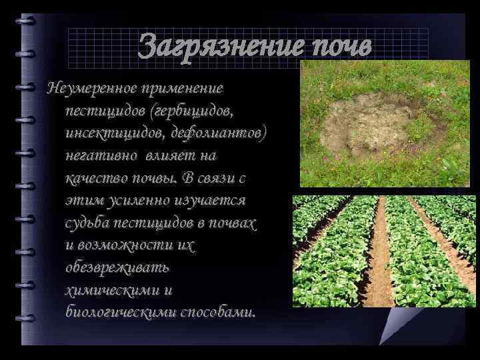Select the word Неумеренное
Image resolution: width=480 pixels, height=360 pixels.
(86, 89)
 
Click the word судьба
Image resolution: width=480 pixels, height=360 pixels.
(87, 223)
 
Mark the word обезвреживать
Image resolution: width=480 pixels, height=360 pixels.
(110, 267)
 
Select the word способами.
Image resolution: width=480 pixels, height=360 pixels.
(217, 312)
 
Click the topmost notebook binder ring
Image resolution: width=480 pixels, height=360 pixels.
(27, 21)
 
